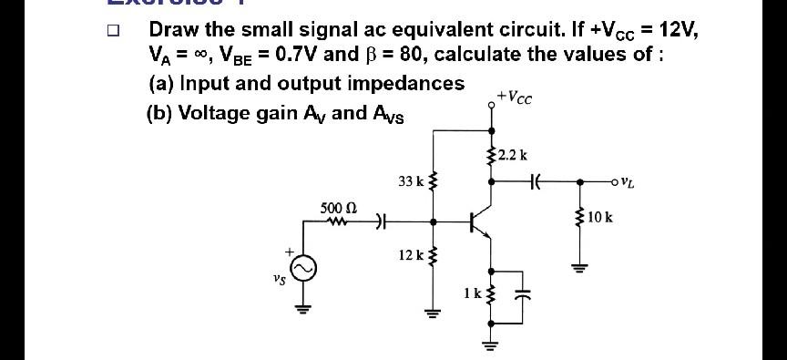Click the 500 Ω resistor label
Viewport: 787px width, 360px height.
pos(336,208)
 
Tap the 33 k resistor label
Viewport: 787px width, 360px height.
pos(411,181)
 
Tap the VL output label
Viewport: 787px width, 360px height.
pos(627,180)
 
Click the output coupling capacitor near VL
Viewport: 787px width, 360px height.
pos(537,180)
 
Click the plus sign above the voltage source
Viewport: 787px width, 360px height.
pos(288,250)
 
